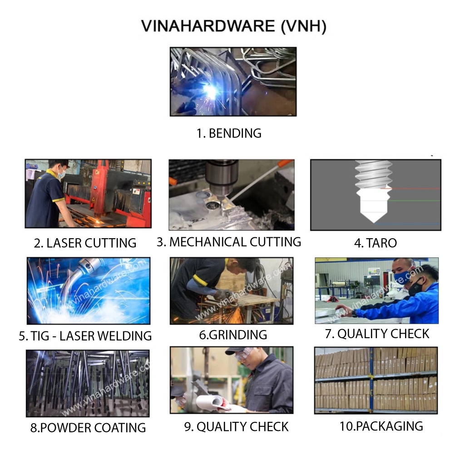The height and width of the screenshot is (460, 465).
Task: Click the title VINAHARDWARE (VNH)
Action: click(x=233, y=26)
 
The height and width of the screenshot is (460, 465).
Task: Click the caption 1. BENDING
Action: click(x=229, y=133)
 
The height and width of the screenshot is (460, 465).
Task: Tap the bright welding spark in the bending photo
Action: click(x=210, y=91)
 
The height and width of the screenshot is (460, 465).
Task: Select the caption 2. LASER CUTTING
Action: click(x=85, y=243)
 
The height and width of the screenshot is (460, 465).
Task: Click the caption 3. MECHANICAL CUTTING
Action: click(x=229, y=242)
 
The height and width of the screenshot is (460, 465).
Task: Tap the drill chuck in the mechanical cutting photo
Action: click(x=222, y=175)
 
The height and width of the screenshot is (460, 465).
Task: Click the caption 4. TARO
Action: click(x=375, y=243)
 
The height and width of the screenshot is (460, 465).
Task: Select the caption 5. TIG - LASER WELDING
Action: click(x=85, y=336)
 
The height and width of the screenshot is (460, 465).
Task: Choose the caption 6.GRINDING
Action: click(x=232, y=335)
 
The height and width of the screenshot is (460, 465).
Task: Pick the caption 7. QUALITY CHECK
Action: click(x=377, y=334)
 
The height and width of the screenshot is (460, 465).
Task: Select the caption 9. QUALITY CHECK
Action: click(x=236, y=427)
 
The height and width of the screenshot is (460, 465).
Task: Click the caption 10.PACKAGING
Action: click(x=381, y=426)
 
